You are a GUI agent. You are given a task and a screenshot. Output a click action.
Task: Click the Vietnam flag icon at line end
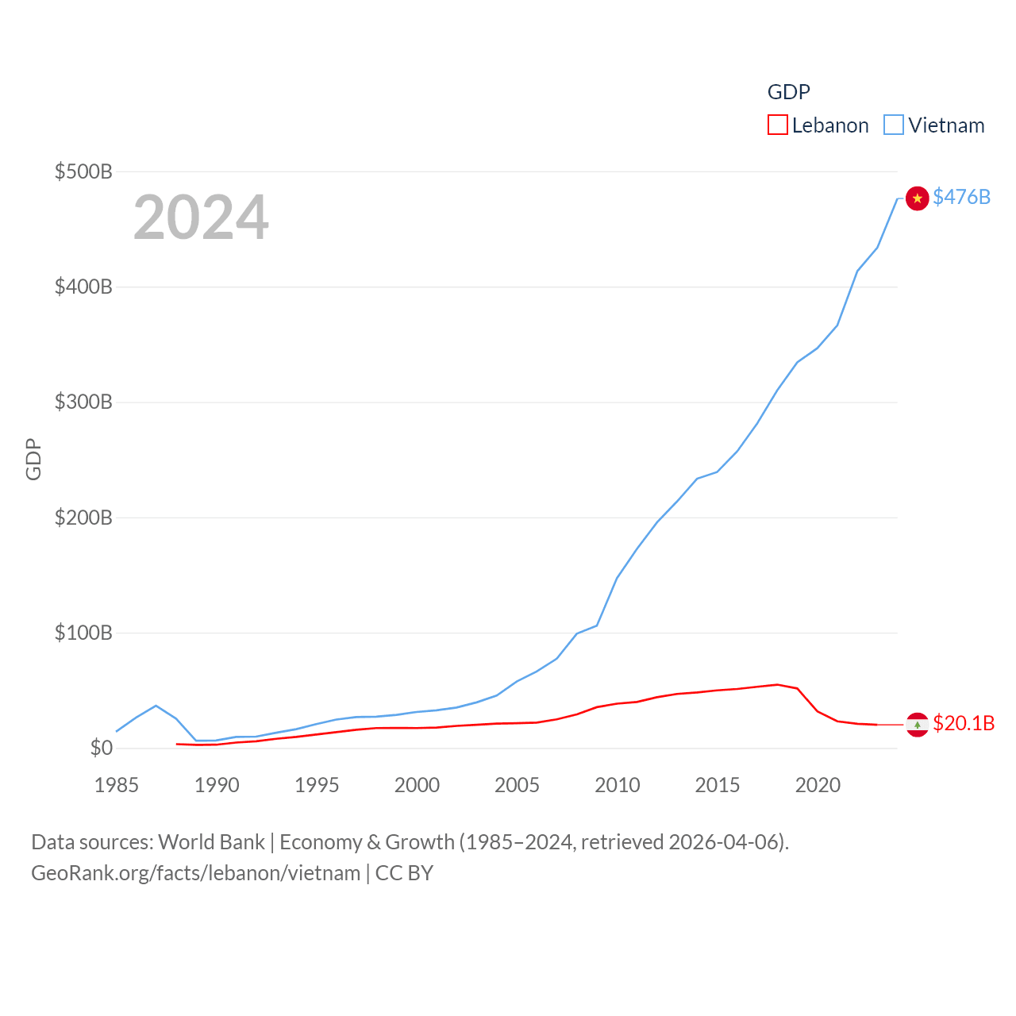[917, 198]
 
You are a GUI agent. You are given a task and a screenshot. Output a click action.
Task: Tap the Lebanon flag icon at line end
[917, 724]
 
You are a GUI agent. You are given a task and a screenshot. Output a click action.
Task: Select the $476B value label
[961, 197]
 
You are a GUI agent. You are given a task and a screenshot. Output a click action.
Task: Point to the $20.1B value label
[964, 723]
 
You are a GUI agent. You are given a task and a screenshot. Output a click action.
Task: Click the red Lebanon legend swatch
[778, 125]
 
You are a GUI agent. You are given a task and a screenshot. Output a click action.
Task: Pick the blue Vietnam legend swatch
[894, 125]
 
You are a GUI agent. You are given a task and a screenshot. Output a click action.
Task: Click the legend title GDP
[788, 92]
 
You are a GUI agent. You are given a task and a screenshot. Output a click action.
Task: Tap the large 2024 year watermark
[201, 217]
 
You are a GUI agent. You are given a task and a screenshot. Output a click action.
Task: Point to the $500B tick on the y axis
[83, 171]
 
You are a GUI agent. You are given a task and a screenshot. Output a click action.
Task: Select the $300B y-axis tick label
[83, 402]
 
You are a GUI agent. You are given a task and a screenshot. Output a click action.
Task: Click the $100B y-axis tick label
[83, 633]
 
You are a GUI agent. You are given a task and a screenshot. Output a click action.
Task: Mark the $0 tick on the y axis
[101, 748]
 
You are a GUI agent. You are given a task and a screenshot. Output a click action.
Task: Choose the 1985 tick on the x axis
[117, 785]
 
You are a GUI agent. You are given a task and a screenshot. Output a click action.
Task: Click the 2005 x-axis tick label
[517, 785]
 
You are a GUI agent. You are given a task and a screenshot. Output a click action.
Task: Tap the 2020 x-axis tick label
[818, 785]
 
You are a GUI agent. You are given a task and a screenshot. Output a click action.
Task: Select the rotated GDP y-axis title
[33, 460]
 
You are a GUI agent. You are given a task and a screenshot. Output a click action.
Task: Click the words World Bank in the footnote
[211, 841]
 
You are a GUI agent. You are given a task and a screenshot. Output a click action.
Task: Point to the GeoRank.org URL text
[195, 873]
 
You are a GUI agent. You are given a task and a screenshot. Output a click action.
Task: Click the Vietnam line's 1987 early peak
[156, 706]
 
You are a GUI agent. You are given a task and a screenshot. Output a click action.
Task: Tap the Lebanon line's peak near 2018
[777, 684]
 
